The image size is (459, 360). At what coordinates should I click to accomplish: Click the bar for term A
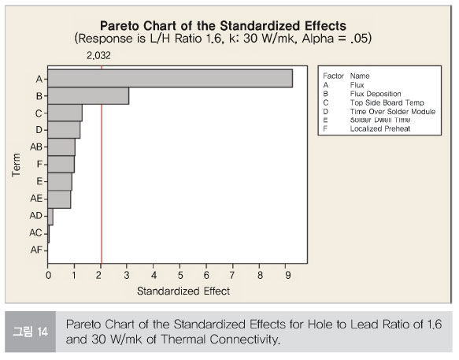pyautogui.click(x=170, y=78)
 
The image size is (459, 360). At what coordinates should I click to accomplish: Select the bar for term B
pyautogui.click(x=88, y=95)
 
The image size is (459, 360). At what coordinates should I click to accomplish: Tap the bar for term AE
pyautogui.click(x=59, y=199)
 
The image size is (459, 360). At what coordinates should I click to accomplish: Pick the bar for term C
pyautogui.click(x=65, y=113)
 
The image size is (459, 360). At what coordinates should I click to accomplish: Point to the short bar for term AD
pyautogui.click(x=50, y=217)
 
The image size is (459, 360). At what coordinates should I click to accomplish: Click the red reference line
pyautogui.click(x=102, y=165)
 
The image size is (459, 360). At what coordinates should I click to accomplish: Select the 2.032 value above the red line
pyautogui.click(x=98, y=55)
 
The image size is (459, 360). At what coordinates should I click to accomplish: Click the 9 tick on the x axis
pyautogui.click(x=287, y=275)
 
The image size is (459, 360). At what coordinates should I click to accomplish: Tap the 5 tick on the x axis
pyautogui.click(x=180, y=275)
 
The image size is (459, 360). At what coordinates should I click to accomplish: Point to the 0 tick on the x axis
pyautogui.click(x=48, y=275)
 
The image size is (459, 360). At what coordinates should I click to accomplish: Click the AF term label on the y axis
pyautogui.click(x=36, y=250)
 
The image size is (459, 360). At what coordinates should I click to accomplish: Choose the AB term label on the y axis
pyautogui.click(x=36, y=147)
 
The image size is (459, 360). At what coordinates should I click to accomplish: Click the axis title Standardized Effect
pyautogui.click(x=183, y=291)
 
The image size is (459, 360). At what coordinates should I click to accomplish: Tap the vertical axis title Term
pyautogui.click(x=16, y=165)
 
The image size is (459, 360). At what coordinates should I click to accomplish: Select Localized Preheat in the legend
pyautogui.click(x=380, y=128)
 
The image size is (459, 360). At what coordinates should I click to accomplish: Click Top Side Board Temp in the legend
pyautogui.click(x=387, y=102)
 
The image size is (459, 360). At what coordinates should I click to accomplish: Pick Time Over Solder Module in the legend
pyautogui.click(x=393, y=112)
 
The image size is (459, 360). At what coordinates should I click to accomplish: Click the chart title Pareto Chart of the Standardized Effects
pyautogui.click(x=223, y=26)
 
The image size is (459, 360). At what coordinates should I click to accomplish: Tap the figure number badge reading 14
pyautogui.click(x=30, y=332)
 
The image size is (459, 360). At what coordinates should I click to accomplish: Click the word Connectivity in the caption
pyautogui.click(x=245, y=340)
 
